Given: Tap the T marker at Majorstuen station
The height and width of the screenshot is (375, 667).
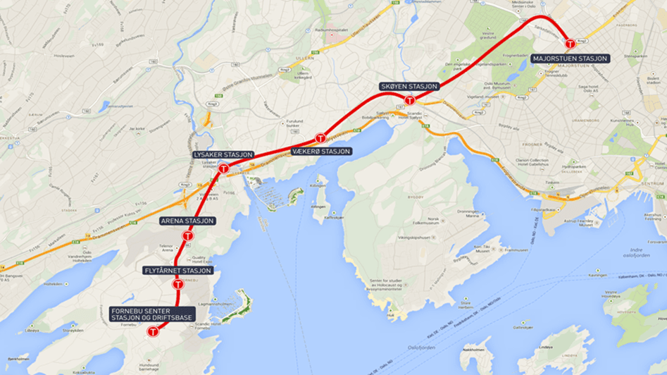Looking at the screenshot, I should pos(571,44).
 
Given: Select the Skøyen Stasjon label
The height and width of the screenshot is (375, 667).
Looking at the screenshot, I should pos(409,86).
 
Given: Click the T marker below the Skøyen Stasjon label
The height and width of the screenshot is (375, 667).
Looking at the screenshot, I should pos(409,100).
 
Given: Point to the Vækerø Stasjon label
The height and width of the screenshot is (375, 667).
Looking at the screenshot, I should pos(320,151).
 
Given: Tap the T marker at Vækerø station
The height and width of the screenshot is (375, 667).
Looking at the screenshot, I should pos(320,138).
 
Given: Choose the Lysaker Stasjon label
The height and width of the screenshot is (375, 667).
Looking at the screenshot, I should pos(223,154).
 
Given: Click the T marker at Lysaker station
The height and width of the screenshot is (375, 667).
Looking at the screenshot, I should pos(223,168).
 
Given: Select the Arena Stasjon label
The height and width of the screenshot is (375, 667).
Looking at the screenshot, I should pos(188,221).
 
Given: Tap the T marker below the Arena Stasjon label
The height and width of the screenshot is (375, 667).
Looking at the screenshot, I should pos(188,235).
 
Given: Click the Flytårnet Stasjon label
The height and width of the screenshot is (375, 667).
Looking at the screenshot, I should pos(178,270).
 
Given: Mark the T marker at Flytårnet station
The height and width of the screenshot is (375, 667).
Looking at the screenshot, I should pos(178,284).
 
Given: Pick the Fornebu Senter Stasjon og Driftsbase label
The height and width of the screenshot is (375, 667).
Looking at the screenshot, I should pos(152,314).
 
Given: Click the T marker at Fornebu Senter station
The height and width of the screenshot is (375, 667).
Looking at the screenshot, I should pos(152,331).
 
